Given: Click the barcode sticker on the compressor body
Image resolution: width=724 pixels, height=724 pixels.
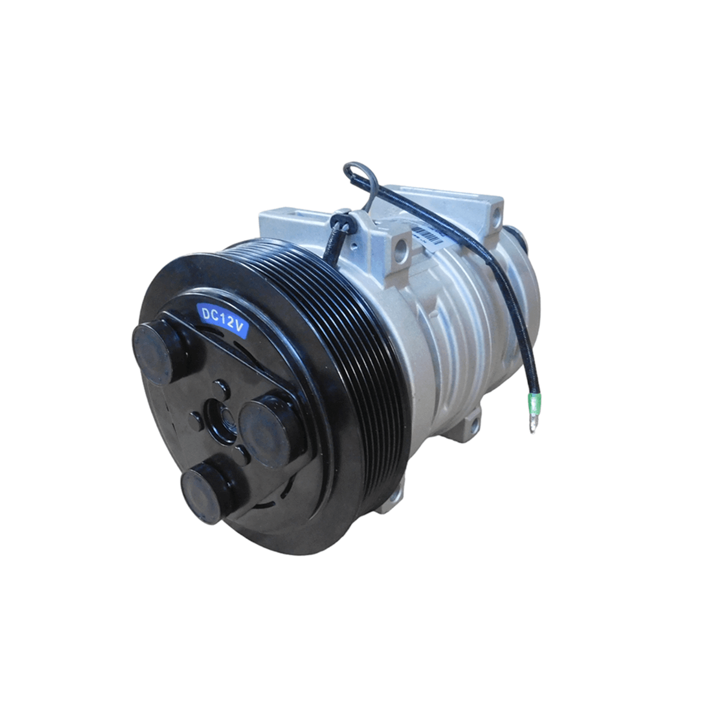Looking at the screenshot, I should pyautogui.click(x=428, y=235).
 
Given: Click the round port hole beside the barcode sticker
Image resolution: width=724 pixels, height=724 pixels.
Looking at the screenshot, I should pyautogui.click(x=399, y=248).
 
